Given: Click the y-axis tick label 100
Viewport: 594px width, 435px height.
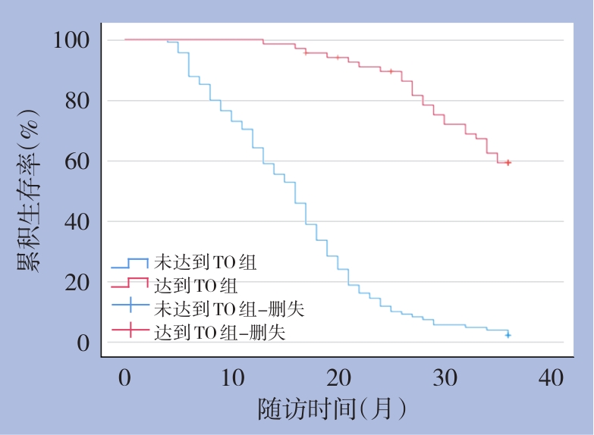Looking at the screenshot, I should (73, 40).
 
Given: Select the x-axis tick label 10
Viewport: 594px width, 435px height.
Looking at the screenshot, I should (231, 377).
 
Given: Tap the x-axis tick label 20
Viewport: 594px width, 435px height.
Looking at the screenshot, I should (338, 377).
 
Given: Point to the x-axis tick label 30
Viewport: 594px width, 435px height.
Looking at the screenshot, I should (445, 377).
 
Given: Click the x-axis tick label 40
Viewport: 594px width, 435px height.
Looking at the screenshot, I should (552, 377).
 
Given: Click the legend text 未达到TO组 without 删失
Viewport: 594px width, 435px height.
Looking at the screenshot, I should (206, 264).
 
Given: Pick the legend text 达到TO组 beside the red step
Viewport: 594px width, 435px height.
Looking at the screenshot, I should (196, 286).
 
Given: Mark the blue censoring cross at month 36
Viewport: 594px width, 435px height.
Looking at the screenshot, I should (508, 334).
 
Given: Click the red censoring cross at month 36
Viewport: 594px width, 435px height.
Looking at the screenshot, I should (508, 162).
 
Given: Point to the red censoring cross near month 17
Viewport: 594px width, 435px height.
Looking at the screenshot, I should (306, 52).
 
